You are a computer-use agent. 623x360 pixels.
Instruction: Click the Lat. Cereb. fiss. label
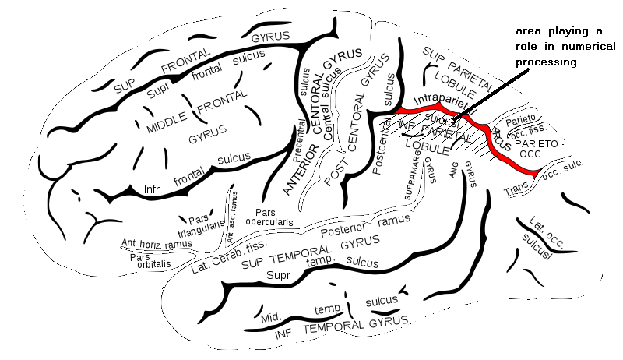tap(226, 260)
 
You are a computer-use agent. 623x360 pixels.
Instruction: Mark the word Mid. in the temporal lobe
tap(270, 316)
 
